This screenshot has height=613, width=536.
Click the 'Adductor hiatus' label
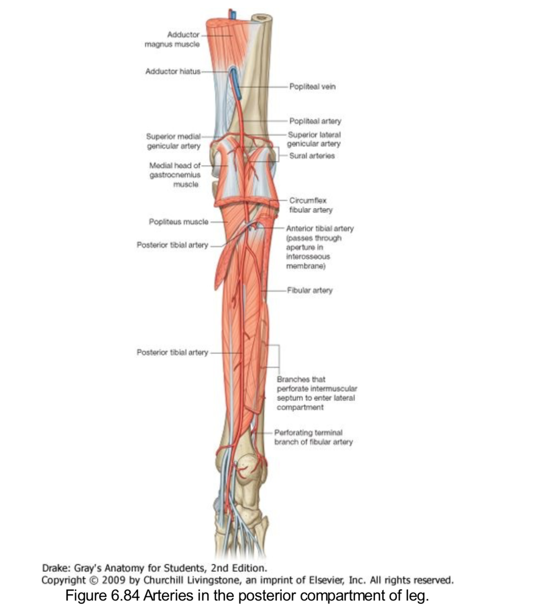pos(173,72)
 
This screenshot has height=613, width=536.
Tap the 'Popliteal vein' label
pos(312,86)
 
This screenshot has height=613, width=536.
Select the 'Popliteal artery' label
pos(315,121)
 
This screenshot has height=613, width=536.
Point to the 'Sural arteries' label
pos(312,156)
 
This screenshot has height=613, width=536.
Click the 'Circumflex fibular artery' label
pos(311,205)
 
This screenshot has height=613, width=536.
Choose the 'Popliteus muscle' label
pos(178,222)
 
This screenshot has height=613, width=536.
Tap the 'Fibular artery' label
pos(309,290)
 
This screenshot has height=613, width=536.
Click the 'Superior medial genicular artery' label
pos(173,141)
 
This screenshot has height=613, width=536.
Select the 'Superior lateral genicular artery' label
pos(314,139)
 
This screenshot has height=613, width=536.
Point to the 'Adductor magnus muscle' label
pos(172,39)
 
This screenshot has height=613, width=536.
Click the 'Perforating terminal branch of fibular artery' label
pos(313,437)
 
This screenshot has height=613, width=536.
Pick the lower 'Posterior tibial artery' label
pos(172,353)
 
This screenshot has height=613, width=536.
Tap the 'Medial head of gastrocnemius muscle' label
pos(174,175)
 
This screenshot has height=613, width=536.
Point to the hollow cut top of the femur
pos(262,18)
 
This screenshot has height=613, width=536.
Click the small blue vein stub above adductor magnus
pos(232,14)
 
